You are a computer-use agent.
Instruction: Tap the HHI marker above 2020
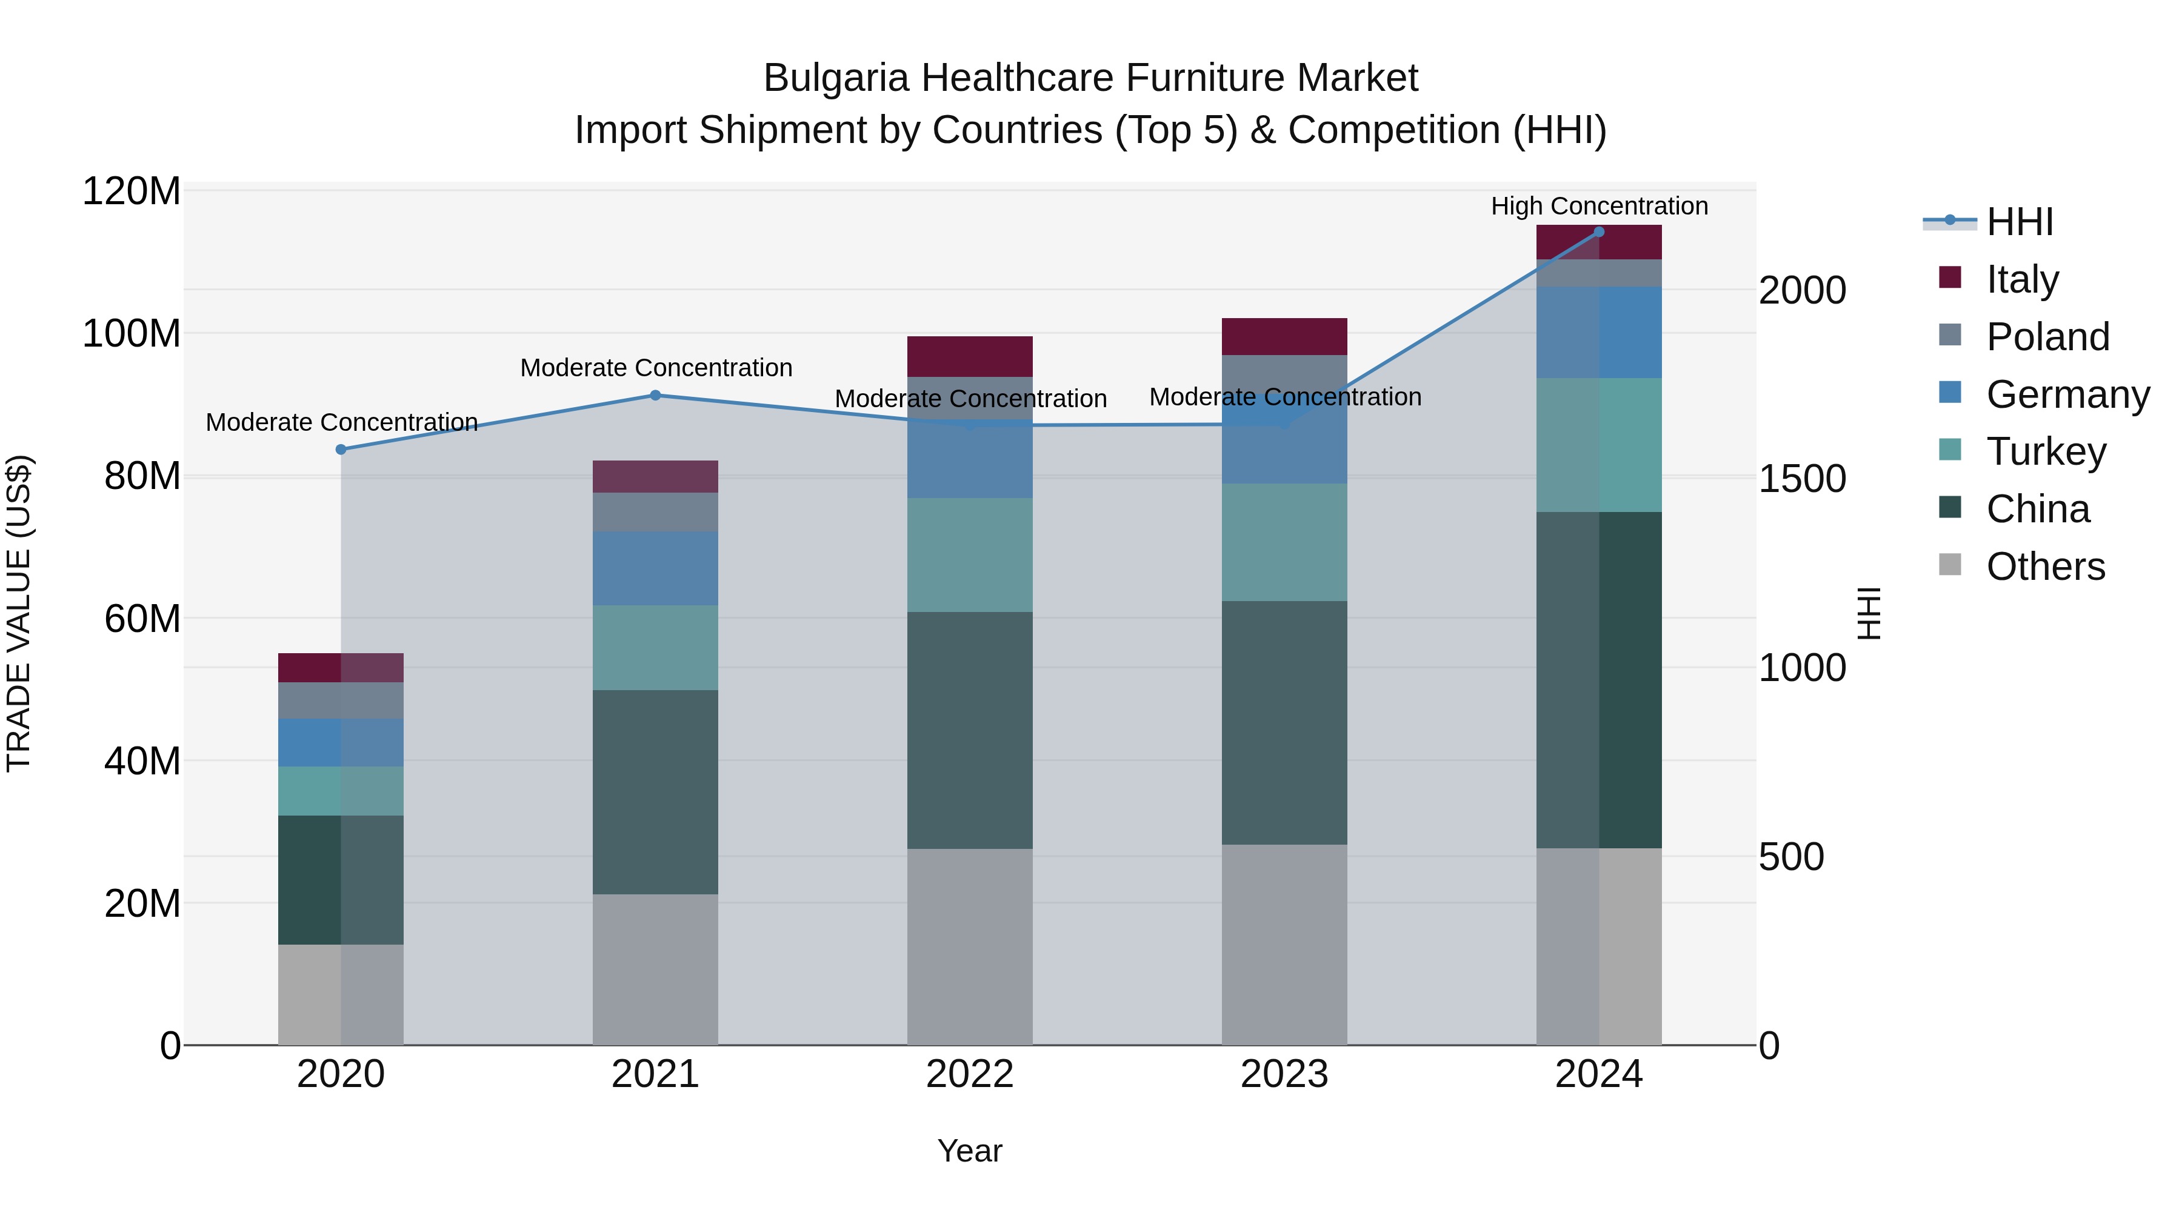tap(341, 450)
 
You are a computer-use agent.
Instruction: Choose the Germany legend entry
tap(2067, 394)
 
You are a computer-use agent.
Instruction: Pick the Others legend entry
tap(2045, 567)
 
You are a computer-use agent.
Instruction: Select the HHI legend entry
tap(2020, 222)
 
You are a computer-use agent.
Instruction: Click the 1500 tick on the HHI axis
tap(1802, 479)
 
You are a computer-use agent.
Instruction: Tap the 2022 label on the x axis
tap(970, 1074)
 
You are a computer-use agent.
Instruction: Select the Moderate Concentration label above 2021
tap(656, 368)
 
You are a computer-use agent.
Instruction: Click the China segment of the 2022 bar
tap(970, 730)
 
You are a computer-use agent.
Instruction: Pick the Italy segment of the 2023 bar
tap(1284, 336)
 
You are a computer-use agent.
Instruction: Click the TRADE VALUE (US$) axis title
tap(19, 613)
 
